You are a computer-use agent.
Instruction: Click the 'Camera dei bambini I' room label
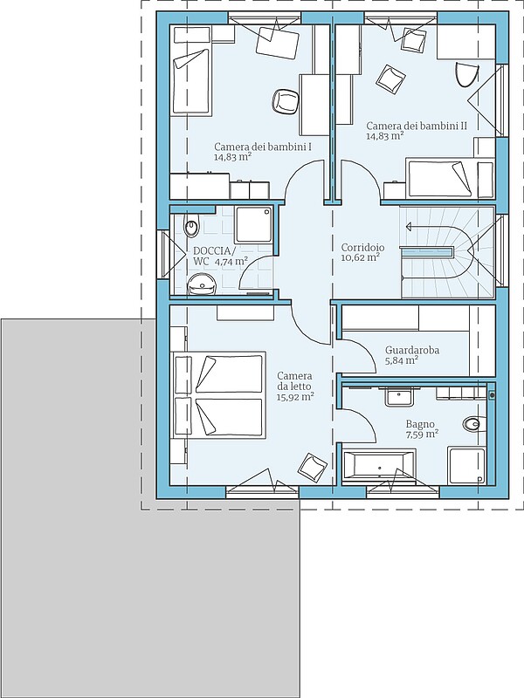tap(263, 147)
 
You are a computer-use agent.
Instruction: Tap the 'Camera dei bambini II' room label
tap(417, 126)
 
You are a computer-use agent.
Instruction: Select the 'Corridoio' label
tap(362, 248)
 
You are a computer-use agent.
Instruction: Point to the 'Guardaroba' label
tap(412, 351)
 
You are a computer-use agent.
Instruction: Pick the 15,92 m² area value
tap(295, 397)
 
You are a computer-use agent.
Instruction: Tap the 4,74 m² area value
tap(231, 262)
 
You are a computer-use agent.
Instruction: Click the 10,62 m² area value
tap(360, 257)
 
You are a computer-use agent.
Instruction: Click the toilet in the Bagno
tap(472, 423)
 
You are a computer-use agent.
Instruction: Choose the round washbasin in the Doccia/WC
tap(202, 284)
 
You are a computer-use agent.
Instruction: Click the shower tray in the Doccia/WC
tap(253, 224)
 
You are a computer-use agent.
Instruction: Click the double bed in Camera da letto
tap(218, 394)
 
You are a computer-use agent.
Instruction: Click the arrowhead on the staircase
tap(408, 227)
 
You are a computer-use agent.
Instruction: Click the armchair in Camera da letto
tap(313, 468)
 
